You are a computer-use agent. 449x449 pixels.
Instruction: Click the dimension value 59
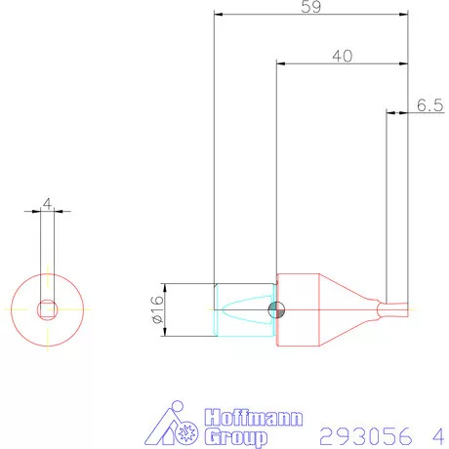pyautogui.click(x=311, y=7)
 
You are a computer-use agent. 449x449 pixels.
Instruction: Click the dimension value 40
pyautogui.click(x=342, y=56)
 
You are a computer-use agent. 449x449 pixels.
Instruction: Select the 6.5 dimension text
pyautogui.click(x=429, y=104)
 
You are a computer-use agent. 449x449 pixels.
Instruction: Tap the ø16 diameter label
pyautogui.click(x=157, y=310)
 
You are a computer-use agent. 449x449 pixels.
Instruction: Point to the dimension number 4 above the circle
pyautogui.click(x=47, y=205)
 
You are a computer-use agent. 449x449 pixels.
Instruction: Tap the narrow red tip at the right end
pyautogui.click(x=394, y=309)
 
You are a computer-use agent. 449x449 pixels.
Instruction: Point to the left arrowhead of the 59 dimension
pyautogui.click(x=218, y=16)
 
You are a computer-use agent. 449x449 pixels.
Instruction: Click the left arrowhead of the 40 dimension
pyautogui.click(x=281, y=65)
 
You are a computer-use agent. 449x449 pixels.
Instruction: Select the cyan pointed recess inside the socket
pyautogui.click(x=244, y=310)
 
